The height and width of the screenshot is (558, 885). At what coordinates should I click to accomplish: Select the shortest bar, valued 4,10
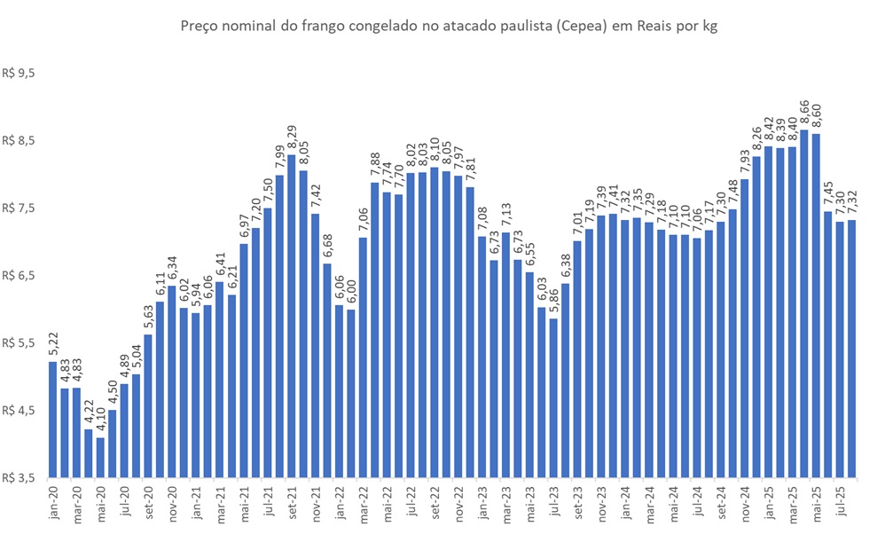[100, 457]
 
